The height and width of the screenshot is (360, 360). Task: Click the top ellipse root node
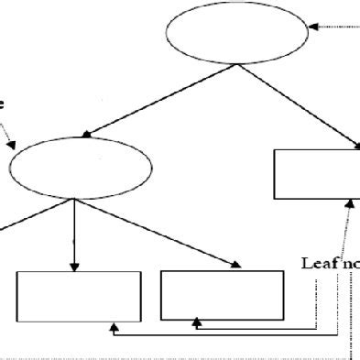click(x=238, y=32)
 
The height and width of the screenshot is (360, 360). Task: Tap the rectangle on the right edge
click(x=317, y=173)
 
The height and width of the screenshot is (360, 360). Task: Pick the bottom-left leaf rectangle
click(x=80, y=295)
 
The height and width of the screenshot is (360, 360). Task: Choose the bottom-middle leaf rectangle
click(x=222, y=294)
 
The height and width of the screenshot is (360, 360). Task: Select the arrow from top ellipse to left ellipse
click(x=165, y=99)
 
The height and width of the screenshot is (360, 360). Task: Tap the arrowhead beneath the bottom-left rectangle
click(x=112, y=323)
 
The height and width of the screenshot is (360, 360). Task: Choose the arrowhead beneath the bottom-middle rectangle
click(x=197, y=323)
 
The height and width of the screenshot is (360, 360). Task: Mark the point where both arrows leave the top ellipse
click(x=238, y=63)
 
